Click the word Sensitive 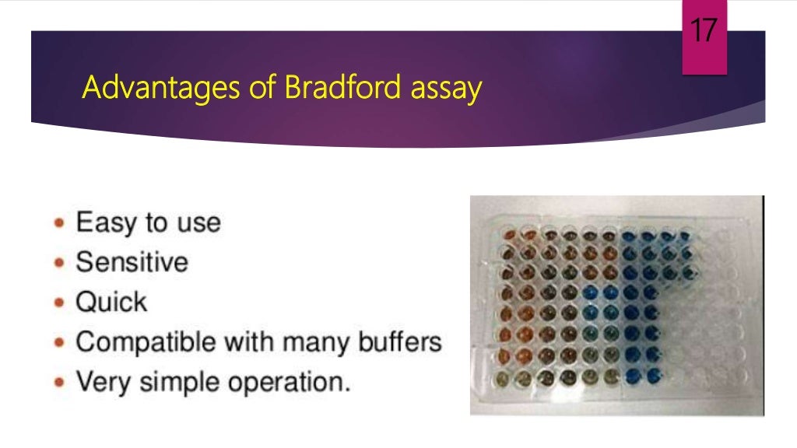(132, 262)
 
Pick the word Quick (111, 301)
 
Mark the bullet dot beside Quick (60, 302)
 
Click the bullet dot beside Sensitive (60, 263)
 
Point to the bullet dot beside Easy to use (60, 224)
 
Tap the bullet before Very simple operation (60, 382)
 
